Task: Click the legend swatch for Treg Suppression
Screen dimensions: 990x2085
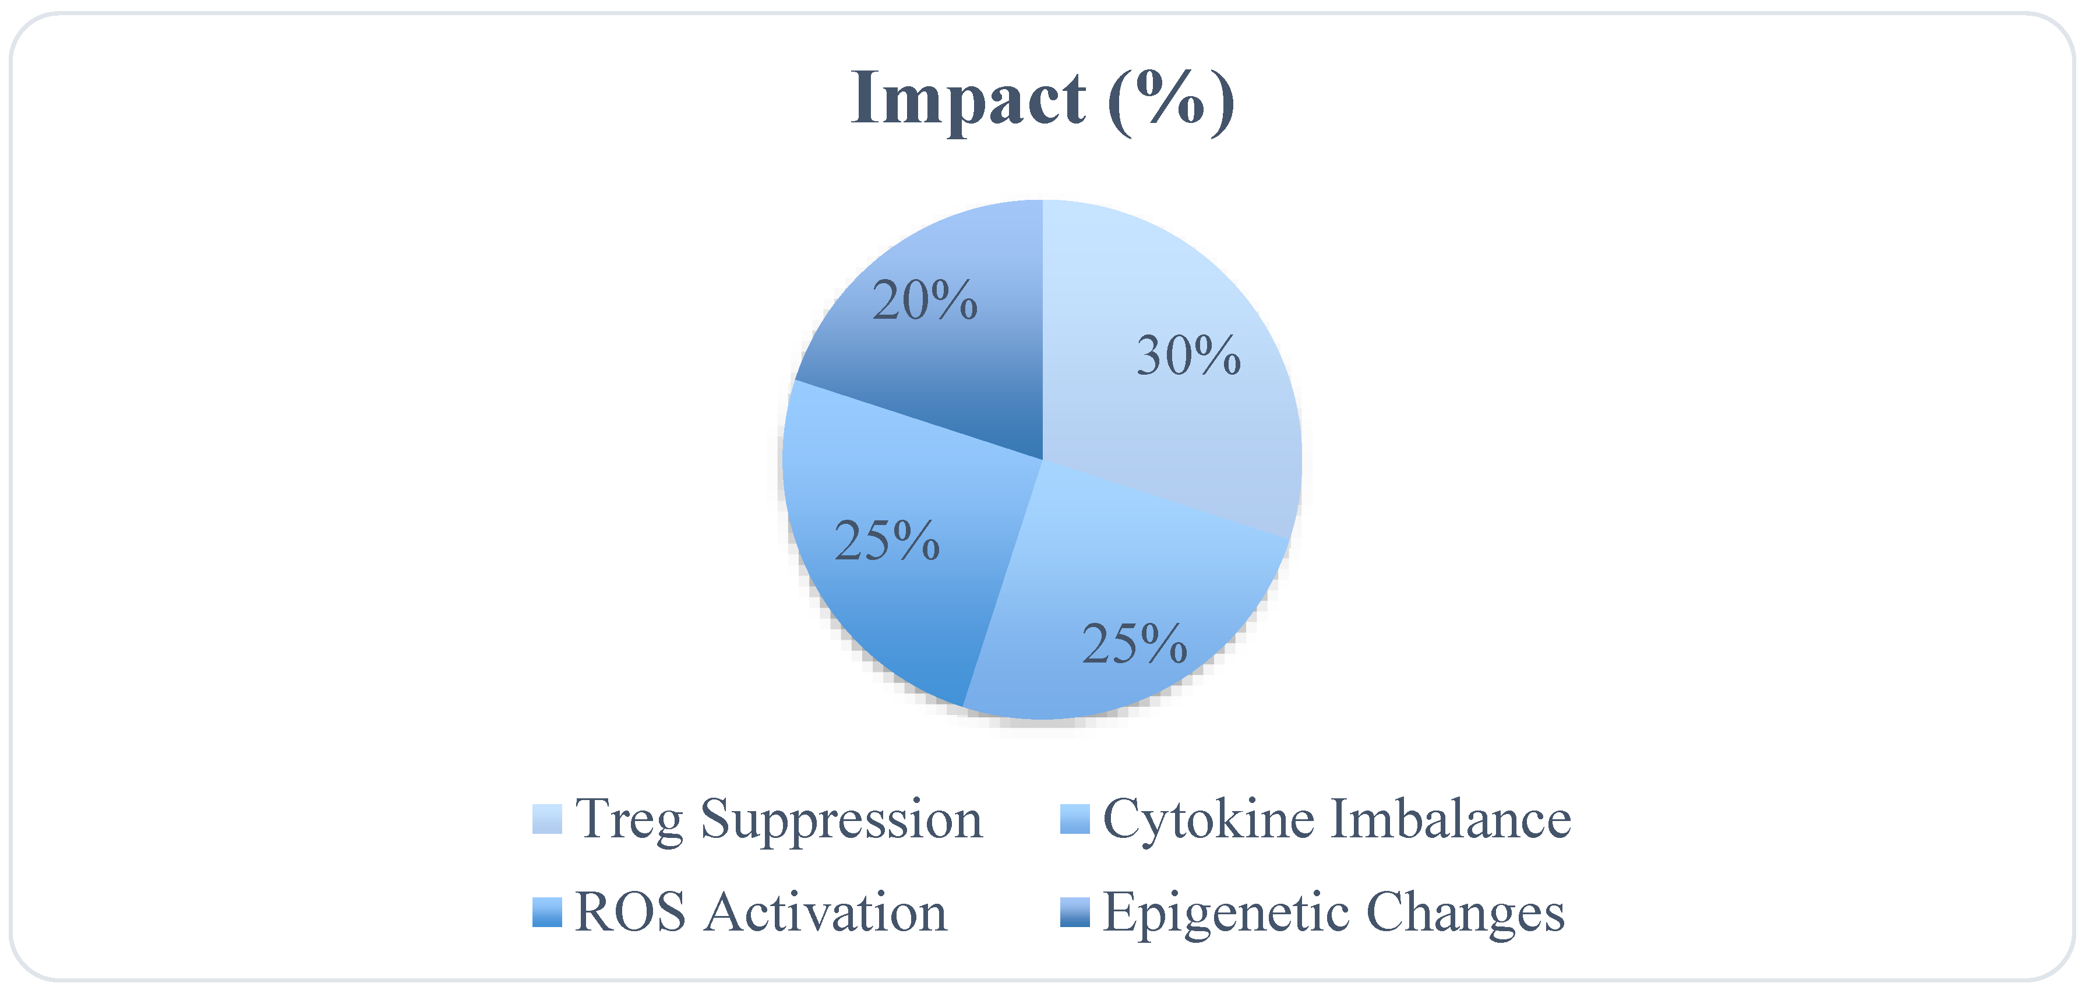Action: [x=547, y=818]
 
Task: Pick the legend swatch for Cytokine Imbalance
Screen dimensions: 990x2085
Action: [x=1075, y=818]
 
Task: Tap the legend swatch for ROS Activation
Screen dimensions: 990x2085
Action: [x=547, y=913]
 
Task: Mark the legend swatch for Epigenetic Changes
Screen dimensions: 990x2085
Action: [x=1075, y=913]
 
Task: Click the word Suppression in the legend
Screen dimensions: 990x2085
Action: [x=842, y=820]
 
